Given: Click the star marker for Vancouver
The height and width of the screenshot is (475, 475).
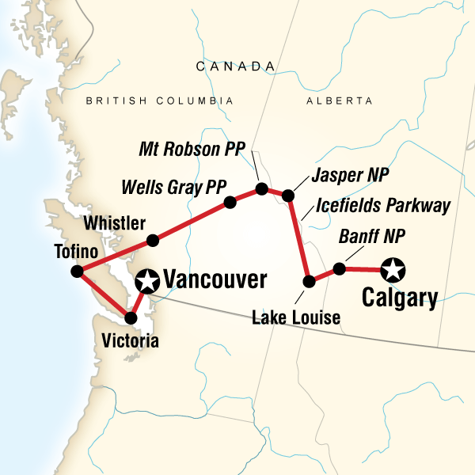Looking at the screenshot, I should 146,280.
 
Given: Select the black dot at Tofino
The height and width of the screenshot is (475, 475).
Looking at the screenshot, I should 77,272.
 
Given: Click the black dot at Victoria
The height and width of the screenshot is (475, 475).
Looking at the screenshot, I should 131,317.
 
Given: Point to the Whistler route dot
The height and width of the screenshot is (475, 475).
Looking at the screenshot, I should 154,239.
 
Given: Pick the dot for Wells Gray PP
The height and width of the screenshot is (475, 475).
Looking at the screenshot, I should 230,202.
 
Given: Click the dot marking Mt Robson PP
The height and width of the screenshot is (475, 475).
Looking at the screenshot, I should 260,189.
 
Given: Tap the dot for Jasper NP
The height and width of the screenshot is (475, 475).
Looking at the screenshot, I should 288,195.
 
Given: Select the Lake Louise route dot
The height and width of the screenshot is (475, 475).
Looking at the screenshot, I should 310,280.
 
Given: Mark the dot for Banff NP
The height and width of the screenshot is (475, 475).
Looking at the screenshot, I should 339,269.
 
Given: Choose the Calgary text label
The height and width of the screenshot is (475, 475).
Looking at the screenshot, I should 400,299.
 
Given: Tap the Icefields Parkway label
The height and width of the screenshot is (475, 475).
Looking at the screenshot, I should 382,207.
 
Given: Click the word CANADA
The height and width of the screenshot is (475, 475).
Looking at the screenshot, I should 230,66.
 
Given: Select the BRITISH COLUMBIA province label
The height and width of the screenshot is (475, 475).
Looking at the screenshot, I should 160,101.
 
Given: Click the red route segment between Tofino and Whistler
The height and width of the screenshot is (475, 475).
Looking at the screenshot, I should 115,256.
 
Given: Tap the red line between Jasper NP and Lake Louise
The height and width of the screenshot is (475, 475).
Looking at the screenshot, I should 299,237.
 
